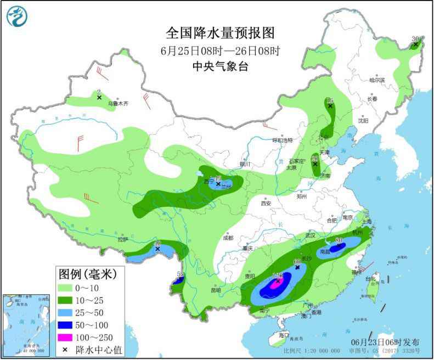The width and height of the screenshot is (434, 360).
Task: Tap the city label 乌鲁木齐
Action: coord(117,103)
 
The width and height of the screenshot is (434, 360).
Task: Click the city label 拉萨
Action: coord(122,239)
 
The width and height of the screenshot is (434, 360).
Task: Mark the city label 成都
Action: coord(228,238)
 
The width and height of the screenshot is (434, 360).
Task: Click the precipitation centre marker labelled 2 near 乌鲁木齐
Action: coord(99,98)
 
